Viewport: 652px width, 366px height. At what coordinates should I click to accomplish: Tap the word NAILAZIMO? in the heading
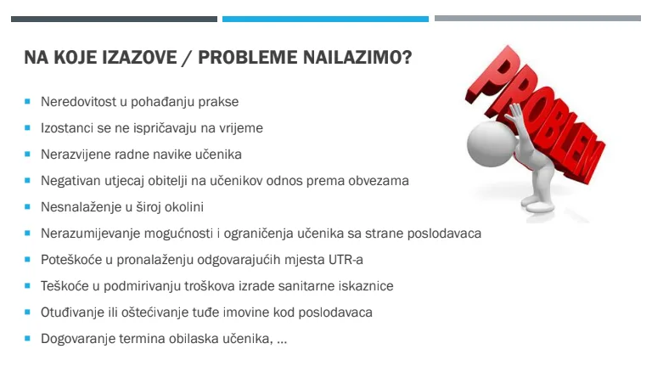[x=357, y=58]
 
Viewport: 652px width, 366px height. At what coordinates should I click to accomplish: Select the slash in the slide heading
[x=187, y=58]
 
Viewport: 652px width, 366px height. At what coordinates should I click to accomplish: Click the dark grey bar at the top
[x=114, y=20]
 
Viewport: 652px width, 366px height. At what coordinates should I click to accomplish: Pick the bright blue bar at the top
[x=326, y=20]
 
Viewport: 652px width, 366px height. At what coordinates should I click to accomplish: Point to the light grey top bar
[x=537, y=19]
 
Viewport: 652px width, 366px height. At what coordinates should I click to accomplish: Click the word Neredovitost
[x=78, y=102]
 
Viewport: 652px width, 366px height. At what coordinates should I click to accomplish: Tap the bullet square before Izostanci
[x=27, y=127]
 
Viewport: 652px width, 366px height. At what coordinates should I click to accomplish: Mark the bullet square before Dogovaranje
[x=27, y=338]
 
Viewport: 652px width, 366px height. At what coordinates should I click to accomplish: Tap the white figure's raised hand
[x=517, y=116]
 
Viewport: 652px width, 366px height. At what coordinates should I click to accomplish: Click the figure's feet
[x=538, y=204]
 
